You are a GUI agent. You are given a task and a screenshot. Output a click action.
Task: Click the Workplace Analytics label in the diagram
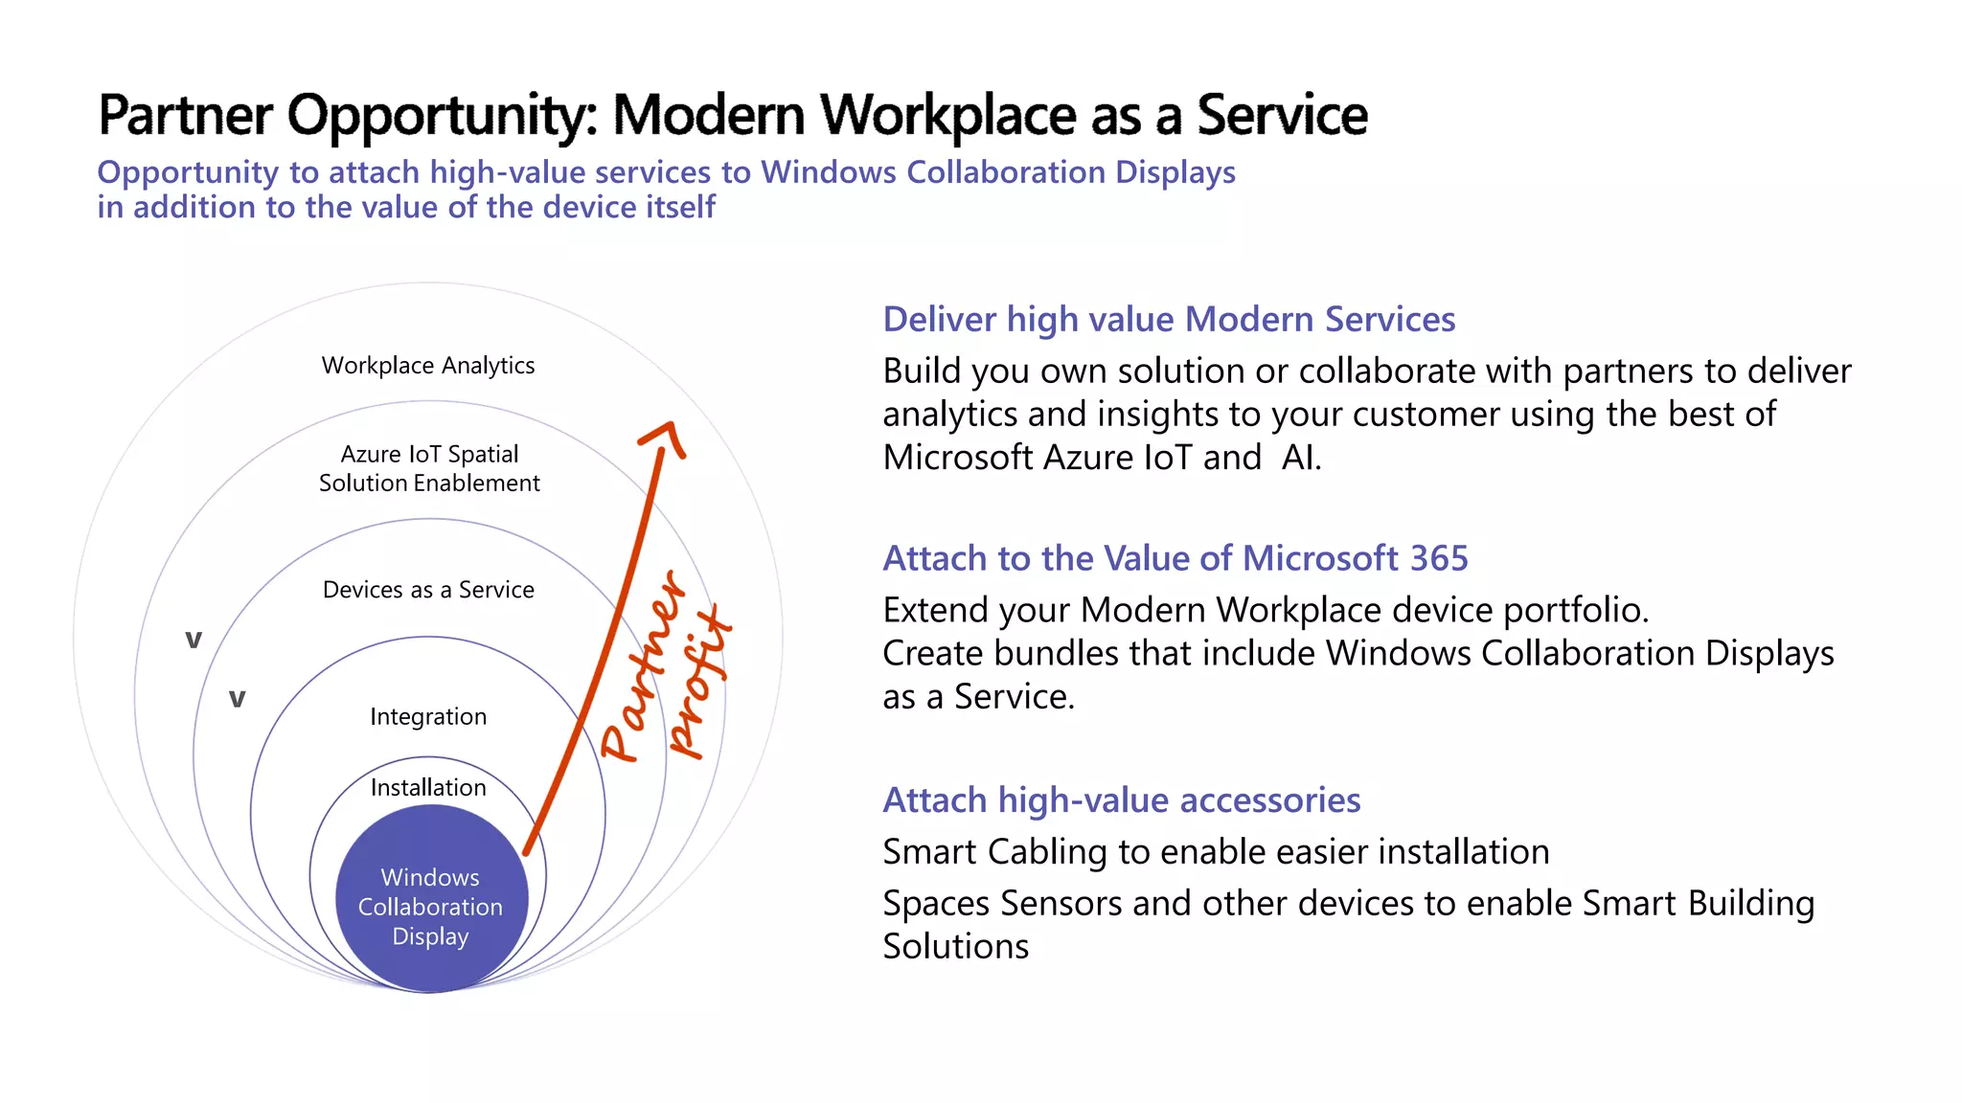tap(428, 366)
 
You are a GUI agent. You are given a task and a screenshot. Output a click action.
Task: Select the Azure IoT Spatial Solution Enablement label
tap(429, 468)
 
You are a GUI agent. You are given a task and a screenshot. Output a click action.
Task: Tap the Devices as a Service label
tap(428, 590)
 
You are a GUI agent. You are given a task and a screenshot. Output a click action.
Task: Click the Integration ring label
tap(428, 717)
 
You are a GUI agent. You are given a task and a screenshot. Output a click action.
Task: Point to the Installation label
tap(428, 788)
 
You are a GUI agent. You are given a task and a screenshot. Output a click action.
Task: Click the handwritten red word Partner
tap(644, 667)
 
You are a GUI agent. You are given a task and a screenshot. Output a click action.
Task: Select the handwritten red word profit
tap(700, 682)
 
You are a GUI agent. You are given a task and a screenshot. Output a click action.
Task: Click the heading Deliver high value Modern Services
tap(1169, 320)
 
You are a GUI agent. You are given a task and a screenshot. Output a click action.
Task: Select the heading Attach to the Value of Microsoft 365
tap(1175, 558)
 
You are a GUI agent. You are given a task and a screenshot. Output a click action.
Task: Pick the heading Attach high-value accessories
tap(1121, 800)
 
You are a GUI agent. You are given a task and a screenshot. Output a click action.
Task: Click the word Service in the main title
tap(1282, 116)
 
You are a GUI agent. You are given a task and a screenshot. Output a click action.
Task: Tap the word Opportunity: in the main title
tap(444, 116)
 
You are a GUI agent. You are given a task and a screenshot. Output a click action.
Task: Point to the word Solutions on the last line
tap(955, 947)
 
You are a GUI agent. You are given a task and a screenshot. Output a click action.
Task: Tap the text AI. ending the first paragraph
tap(1301, 458)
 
